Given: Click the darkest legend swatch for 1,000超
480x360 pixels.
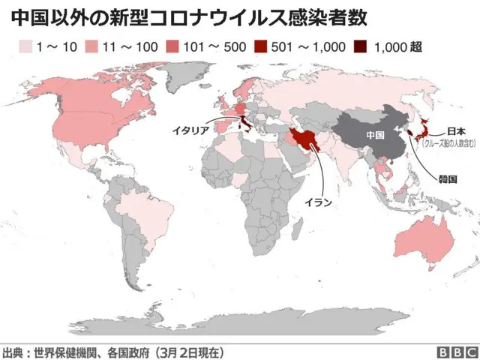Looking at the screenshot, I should coord(362,47).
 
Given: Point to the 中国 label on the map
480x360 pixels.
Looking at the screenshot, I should coord(375,135).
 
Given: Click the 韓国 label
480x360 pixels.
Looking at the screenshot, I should coord(448,178).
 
